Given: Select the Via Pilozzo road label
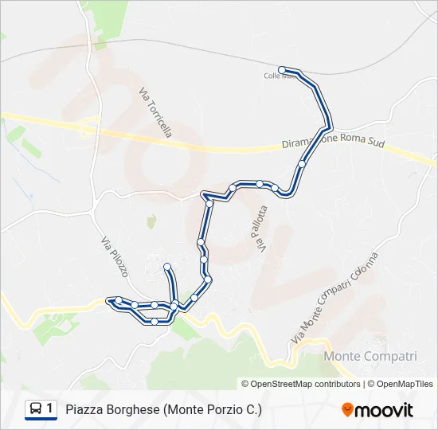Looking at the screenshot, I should (x=115, y=256).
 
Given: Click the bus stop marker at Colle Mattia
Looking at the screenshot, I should (x=282, y=70).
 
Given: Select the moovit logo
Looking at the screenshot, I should (x=377, y=410).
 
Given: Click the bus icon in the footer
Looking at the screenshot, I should (x=36, y=409).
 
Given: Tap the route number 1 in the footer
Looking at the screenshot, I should (x=50, y=409).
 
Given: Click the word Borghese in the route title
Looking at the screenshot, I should (x=132, y=410).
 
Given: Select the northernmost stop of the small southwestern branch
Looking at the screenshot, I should (x=167, y=266).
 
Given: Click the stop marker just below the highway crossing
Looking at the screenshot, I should (x=302, y=164).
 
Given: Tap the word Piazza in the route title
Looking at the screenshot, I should (x=83, y=410).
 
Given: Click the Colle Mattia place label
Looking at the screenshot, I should (x=278, y=76).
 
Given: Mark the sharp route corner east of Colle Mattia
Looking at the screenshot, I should (x=330, y=126).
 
